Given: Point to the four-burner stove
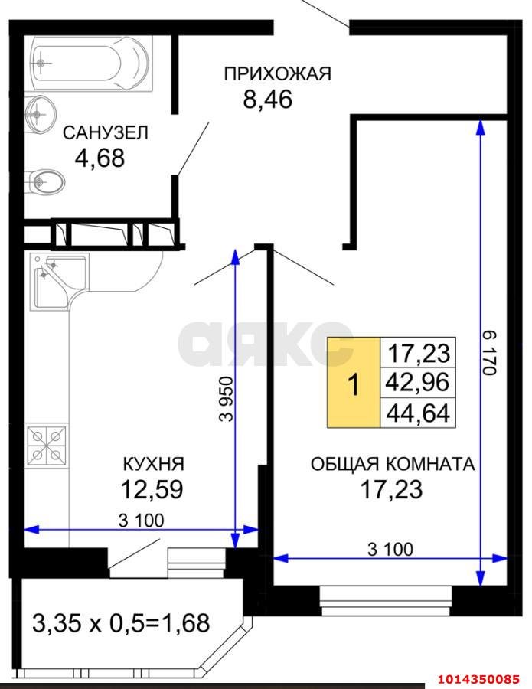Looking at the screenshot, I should point(47,446).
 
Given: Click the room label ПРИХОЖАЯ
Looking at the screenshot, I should point(277,74).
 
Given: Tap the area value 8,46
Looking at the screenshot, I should point(268,100).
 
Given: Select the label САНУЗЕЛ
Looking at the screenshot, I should point(106,133).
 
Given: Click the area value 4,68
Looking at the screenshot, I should point(100,158).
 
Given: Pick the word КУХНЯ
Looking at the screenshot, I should point(153,464).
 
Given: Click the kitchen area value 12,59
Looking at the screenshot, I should point(152,488).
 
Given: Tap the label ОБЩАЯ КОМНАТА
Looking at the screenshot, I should point(392,464).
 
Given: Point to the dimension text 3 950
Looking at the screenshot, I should point(224,398).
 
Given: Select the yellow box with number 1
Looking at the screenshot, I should point(354,383).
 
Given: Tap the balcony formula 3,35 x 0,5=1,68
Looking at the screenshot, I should point(121,622).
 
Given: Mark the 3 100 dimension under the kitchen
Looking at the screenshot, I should point(142,521).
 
